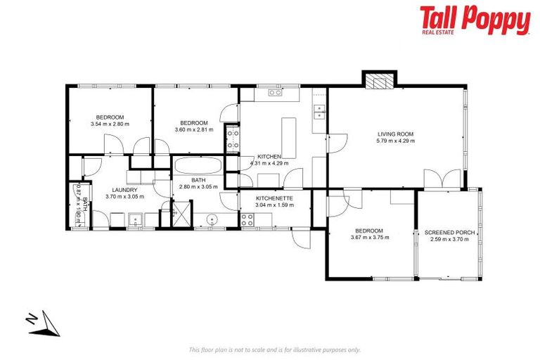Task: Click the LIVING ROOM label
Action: (x=395, y=134)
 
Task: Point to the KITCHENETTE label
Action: (x=274, y=199)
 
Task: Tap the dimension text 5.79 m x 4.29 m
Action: (x=395, y=141)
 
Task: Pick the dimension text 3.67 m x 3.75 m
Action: (x=370, y=238)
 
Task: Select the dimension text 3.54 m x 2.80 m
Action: (x=110, y=124)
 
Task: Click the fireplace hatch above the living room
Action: (x=379, y=82)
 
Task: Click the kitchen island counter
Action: (x=289, y=136)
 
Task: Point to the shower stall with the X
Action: (x=182, y=212)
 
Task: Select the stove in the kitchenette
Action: (x=247, y=219)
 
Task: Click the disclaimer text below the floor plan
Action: (x=275, y=349)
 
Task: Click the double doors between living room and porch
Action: (x=442, y=179)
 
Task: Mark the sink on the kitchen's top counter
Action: (x=275, y=92)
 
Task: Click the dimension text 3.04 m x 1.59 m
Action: (x=274, y=206)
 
